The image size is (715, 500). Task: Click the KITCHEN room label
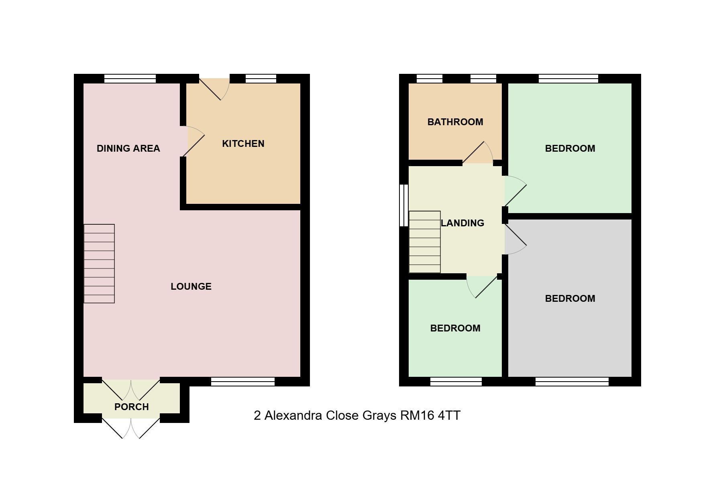coord(243,144)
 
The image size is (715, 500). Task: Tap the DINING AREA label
coord(128,148)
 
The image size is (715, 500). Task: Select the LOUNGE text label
coord(191,287)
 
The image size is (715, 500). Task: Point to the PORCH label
coord(132,407)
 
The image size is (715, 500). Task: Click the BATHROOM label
coord(455,122)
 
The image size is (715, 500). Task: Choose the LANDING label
coord(462,223)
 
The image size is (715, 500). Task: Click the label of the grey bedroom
coord(570,299)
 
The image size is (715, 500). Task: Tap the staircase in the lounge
coord(99,264)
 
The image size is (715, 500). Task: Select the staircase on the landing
coord(425,242)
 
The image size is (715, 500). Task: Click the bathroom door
coord(478,153)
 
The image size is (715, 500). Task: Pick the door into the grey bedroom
coord(515,239)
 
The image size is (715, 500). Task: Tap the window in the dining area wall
coord(130,79)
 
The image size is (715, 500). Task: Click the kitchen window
coord(261,79)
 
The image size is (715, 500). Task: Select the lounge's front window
coord(243,382)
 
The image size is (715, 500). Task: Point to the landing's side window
coord(404,205)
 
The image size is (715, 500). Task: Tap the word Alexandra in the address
coord(293,415)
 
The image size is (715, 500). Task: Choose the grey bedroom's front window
coord(572,382)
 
